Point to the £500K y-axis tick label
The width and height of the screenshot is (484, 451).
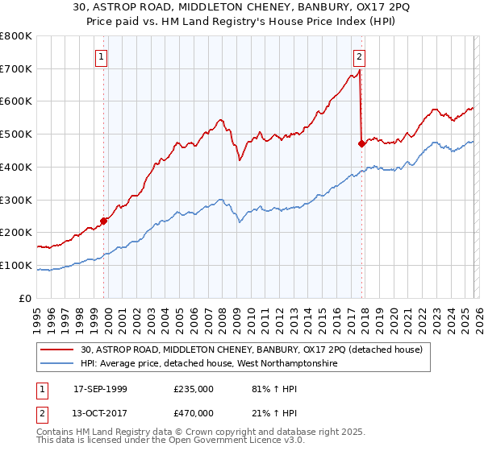[16, 134]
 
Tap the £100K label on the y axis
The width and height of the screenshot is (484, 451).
[16, 265]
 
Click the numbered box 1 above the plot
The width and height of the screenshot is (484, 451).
[102, 56]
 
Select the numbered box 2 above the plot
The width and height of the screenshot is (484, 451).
[359, 56]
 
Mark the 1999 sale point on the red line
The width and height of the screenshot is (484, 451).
[104, 221]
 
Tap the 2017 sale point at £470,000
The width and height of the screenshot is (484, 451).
[361, 144]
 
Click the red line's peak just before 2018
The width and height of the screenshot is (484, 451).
[359, 70]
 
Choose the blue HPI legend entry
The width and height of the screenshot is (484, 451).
[210, 364]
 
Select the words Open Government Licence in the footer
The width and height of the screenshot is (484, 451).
[184, 443]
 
